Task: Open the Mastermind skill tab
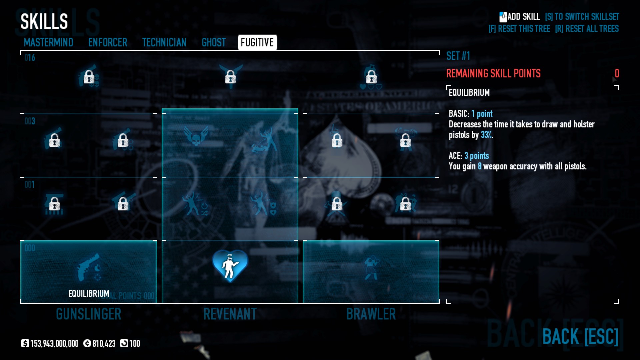[x=48, y=42]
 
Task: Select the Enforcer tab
[x=108, y=42]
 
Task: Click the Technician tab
[x=164, y=42]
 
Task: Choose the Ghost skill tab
[x=214, y=42]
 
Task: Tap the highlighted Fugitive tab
[x=257, y=42]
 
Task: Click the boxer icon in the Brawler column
[x=371, y=268]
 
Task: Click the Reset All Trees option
[x=587, y=29]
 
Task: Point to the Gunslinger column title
[x=89, y=314]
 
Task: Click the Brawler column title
[x=371, y=314]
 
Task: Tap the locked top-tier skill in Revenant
[x=230, y=77]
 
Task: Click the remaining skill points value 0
[x=617, y=73]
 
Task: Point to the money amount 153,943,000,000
[x=54, y=343]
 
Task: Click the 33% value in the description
[x=486, y=135]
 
